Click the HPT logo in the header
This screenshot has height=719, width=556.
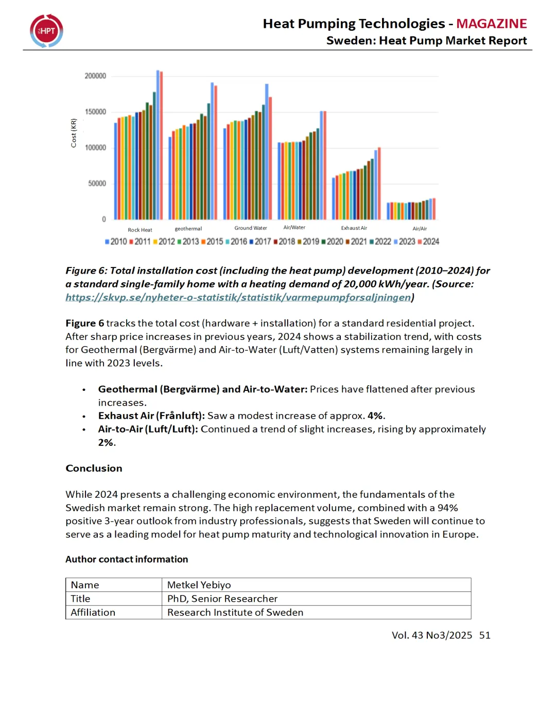click(46, 31)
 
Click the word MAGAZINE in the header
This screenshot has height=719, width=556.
click(491, 24)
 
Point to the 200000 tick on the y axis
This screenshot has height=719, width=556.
click(95, 76)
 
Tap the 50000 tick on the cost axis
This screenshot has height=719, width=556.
click(97, 184)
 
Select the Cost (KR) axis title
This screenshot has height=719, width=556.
click(74, 133)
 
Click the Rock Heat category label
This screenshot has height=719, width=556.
click(140, 230)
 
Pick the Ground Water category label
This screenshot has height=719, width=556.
click(251, 228)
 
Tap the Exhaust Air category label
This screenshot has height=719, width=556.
click(354, 228)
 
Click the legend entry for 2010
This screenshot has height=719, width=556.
click(116, 242)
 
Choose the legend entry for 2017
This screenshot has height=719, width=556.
click(260, 242)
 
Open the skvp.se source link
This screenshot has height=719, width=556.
click(238, 297)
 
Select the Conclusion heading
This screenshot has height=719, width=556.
click(94, 468)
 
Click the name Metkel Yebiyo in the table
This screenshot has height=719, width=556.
click(199, 585)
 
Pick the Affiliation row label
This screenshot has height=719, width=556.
click(93, 613)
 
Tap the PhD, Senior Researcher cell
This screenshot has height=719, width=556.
click(222, 599)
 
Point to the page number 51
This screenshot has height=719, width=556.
click(484, 635)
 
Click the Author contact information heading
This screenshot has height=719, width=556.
click(127, 559)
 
